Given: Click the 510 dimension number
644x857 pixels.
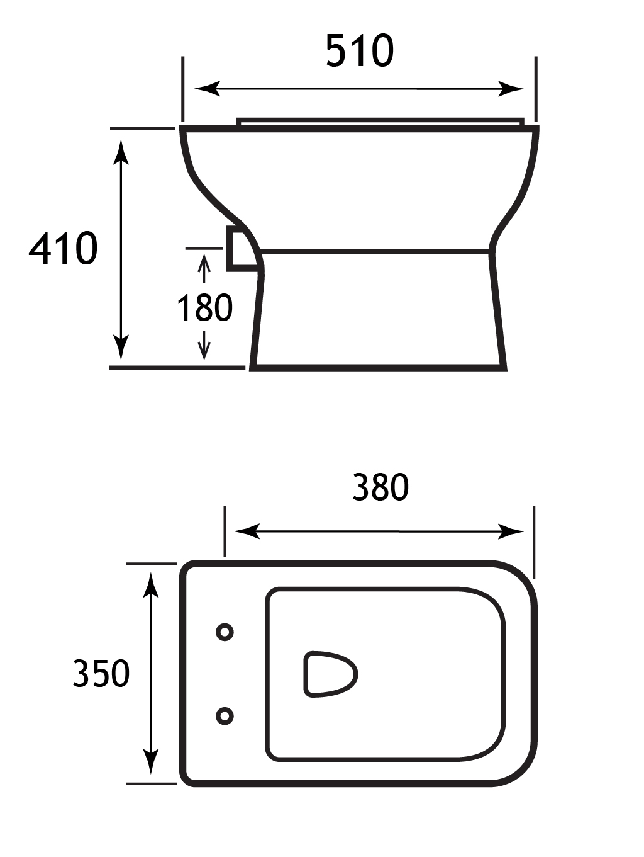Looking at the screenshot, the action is coord(360,51).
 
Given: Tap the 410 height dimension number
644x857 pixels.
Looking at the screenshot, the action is coord(63,248).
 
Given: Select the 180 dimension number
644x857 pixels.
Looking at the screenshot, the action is coord(204,308).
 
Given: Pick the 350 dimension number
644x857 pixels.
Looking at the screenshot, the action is coord(101,673).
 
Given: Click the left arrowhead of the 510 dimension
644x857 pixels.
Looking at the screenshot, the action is coord(208,89).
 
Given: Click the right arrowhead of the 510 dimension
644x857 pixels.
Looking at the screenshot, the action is coord(511,89).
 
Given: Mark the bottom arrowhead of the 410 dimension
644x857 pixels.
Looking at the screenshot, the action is coord(121,347).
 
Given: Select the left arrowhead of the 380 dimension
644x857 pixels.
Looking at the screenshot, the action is coord(247,531).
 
